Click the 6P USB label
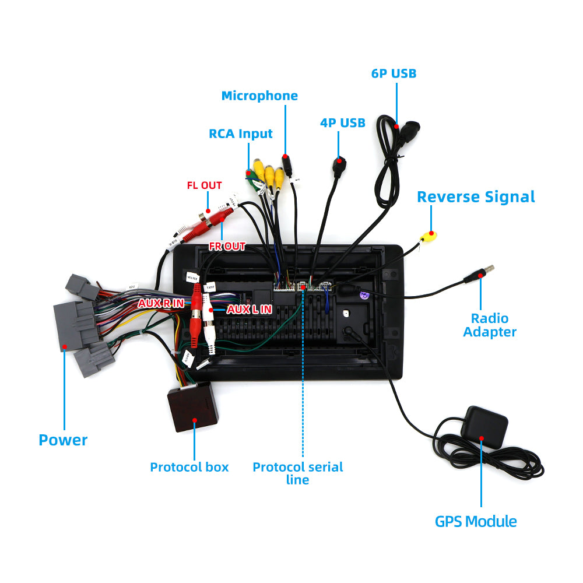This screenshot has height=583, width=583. [x=394, y=73]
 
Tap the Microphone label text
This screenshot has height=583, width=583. [x=259, y=96]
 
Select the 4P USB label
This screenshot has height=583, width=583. [x=342, y=123]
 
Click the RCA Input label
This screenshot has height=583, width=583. [x=240, y=134]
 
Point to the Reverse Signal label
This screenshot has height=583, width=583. [x=476, y=197]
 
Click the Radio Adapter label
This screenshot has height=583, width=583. [x=490, y=325]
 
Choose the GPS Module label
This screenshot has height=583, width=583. [x=476, y=521]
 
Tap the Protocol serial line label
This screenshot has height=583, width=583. [x=297, y=473]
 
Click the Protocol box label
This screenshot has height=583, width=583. [x=189, y=467]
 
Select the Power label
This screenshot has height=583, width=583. [x=63, y=440]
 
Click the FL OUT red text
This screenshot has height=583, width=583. [x=204, y=185]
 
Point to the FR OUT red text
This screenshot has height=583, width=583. [x=227, y=247]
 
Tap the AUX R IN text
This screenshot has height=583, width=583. [x=161, y=304]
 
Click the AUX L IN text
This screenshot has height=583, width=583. [x=249, y=310]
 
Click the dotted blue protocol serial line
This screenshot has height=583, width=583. [x=303, y=379]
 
